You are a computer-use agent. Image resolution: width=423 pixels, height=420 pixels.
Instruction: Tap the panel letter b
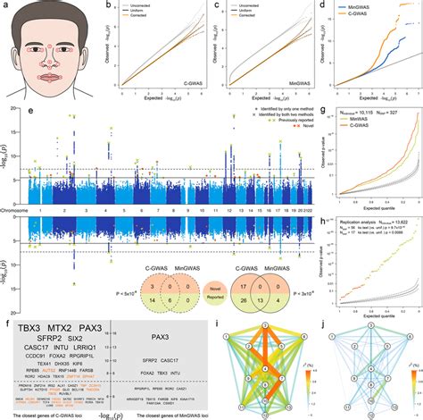click(108, 6)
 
